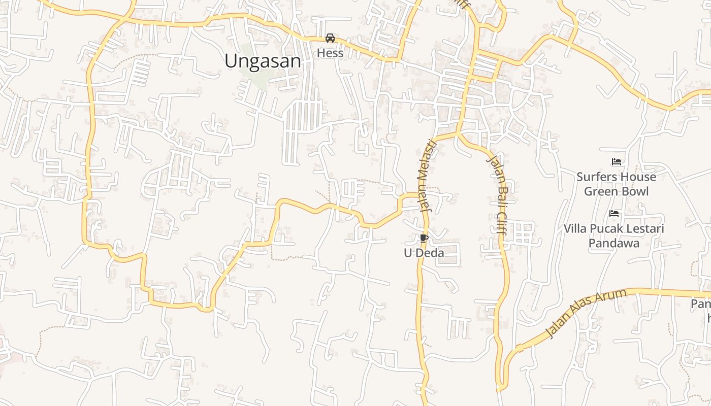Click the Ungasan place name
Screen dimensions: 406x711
[x=263, y=61]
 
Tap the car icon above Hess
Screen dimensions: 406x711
[x=330, y=38]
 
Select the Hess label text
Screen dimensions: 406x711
[x=330, y=53]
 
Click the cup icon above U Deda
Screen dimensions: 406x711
[x=424, y=238]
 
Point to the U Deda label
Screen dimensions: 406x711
[x=424, y=253]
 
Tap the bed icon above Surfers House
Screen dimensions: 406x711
[x=617, y=162]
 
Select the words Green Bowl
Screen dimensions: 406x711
[x=616, y=191]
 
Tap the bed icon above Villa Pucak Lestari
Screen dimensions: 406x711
[x=614, y=214]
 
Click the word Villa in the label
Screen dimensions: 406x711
[x=575, y=229]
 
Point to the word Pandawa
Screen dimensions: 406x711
[x=614, y=243]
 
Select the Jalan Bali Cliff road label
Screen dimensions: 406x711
[x=497, y=194]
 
